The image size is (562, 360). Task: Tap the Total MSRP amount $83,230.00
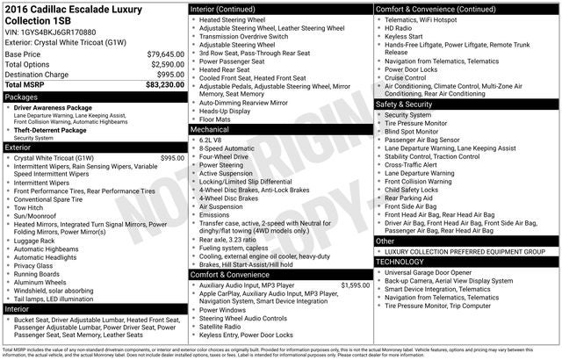tap(160, 84)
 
